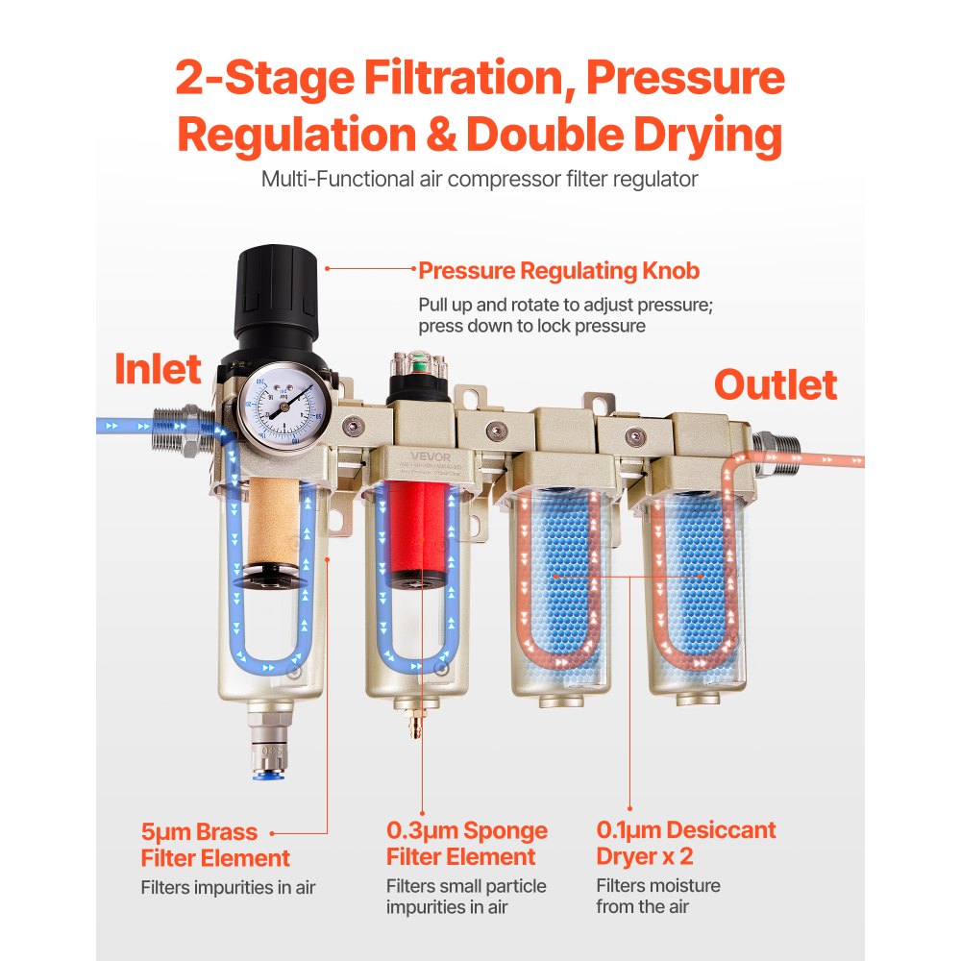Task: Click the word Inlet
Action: pyautogui.click(x=159, y=369)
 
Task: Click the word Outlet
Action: pyautogui.click(x=775, y=384)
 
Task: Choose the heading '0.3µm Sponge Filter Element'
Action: pyautogui.click(x=467, y=844)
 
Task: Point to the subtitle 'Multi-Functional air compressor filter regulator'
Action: pyautogui.click(x=480, y=179)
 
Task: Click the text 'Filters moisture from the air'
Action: pyautogui.click(x=657, y=896)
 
